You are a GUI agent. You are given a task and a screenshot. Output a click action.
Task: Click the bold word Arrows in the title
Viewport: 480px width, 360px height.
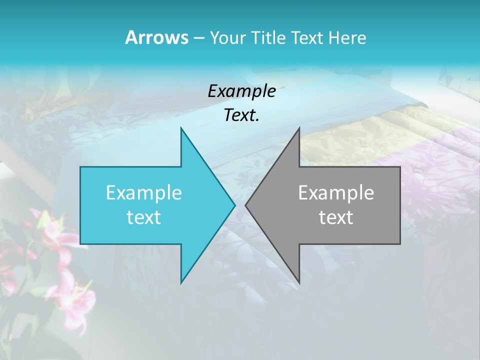(156, 37)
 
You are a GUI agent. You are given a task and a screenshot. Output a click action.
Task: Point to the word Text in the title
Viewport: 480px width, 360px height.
(307, 38)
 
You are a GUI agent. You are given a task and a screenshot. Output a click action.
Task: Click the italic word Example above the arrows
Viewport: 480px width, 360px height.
(241, 91)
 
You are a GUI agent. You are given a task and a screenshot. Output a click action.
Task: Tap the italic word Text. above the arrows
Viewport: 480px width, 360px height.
(241, 115)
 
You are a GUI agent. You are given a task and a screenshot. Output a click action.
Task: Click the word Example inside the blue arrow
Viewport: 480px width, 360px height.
(144, 193)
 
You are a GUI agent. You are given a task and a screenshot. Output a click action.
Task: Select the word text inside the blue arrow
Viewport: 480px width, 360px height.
(144, 217)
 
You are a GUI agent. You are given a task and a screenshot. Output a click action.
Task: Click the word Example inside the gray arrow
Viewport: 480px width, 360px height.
(336, 193)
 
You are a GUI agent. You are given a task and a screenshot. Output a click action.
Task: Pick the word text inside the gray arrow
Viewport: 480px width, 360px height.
(336, 217)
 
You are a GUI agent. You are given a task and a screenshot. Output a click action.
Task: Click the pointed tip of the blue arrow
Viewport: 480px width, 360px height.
(234, 205)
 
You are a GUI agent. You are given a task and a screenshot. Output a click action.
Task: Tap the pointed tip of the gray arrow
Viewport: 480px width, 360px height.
(246, 205)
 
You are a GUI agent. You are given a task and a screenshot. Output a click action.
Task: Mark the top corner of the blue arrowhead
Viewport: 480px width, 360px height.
(181, 128)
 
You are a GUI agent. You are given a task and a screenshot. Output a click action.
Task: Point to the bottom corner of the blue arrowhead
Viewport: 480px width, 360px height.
(181, 282)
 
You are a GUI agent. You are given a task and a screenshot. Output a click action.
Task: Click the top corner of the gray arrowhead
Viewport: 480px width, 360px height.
(299, 128)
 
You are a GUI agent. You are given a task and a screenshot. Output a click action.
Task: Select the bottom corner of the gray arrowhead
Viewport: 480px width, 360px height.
(299, 282)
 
